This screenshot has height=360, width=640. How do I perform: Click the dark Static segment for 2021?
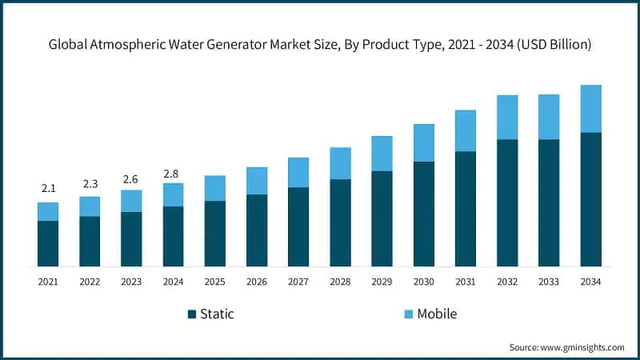tap(48, 243)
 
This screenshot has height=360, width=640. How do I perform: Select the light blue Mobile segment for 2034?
tap(590, 109)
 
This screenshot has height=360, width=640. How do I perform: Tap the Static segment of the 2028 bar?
tap(340, 222)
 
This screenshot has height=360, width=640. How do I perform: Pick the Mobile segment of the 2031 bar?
tap(466, 130)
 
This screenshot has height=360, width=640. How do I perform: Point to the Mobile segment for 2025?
tap(215, 188)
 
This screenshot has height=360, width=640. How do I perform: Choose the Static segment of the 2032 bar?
tap(507, 202)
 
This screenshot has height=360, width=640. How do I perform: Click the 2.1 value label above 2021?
tap(48, 189)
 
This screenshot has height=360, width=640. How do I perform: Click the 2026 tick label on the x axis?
tap(257, 282)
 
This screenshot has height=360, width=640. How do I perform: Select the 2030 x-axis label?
tap(424, 282)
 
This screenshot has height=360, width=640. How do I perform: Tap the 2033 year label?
tap(549, 282)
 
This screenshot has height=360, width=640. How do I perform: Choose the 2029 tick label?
tap(382, 282)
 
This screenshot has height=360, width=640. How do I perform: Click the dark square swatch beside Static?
tap(191, 314)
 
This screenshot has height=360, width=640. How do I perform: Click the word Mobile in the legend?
tap(437, 314)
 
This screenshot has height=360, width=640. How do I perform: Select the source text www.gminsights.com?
tap(582, 347)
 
